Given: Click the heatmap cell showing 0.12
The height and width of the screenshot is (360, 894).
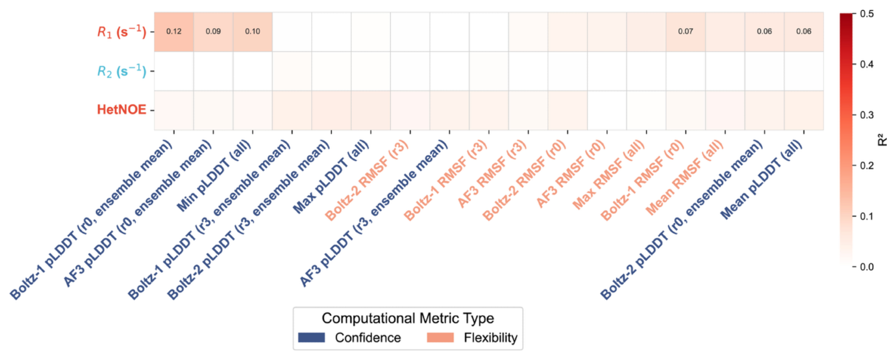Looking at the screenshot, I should click(174, 31).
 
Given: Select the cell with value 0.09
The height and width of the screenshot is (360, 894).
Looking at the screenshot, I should click(213, 31).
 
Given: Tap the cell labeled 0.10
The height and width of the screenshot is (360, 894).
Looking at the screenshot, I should click(253, 31).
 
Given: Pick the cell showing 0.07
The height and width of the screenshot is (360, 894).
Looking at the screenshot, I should click(685, 31).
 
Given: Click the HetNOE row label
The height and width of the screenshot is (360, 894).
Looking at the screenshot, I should click(122, 110).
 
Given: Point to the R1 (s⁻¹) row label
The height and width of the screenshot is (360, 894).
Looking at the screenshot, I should click(122, 32).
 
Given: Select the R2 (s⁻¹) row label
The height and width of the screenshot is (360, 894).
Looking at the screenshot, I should click(122, 71).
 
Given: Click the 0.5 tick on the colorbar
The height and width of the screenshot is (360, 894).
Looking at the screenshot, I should click(867, 14).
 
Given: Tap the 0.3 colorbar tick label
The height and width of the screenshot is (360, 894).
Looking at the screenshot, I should click(867, 115).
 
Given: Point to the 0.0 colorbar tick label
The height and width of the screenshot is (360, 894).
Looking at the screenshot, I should click(867, 267).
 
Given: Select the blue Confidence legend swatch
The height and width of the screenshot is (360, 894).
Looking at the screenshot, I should click(311, 338).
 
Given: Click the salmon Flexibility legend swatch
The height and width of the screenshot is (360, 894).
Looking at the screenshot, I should click(440, 338).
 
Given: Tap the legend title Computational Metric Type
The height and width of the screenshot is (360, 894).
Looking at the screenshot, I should click(408, 318).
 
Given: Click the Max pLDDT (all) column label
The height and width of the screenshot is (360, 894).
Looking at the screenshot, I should click(331, 176).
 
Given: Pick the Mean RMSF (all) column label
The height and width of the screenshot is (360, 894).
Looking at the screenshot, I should click(684, 177).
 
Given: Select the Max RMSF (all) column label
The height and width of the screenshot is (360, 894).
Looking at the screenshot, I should click(609, 174).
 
